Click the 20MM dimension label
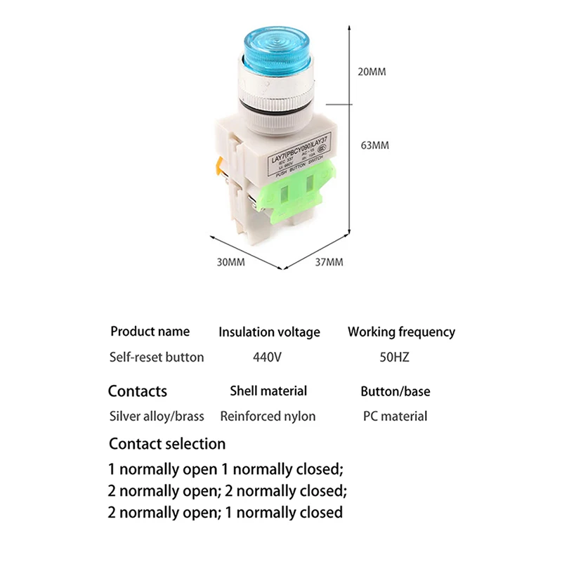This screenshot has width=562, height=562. click(372, 72)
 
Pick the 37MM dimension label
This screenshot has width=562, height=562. click(329, 262)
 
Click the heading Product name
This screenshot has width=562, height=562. click(150, 331)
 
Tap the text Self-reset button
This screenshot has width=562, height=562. click(157, 357)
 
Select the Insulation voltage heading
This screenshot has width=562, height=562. click(269, 332)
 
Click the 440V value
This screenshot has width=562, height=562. click(267, 357)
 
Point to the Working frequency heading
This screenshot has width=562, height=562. click(401, 332)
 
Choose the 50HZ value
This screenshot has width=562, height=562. click(394, 357)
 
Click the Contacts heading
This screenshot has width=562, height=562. click(138, 391)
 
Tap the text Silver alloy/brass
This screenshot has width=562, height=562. click(157, 416)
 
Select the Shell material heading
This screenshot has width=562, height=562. click(268, 391)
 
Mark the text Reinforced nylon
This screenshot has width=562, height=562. click(268, 416)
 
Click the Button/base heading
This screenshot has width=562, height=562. click(396, 391)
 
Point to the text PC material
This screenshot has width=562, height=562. click(395, 416)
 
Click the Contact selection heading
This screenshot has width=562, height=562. click(167, 443)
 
